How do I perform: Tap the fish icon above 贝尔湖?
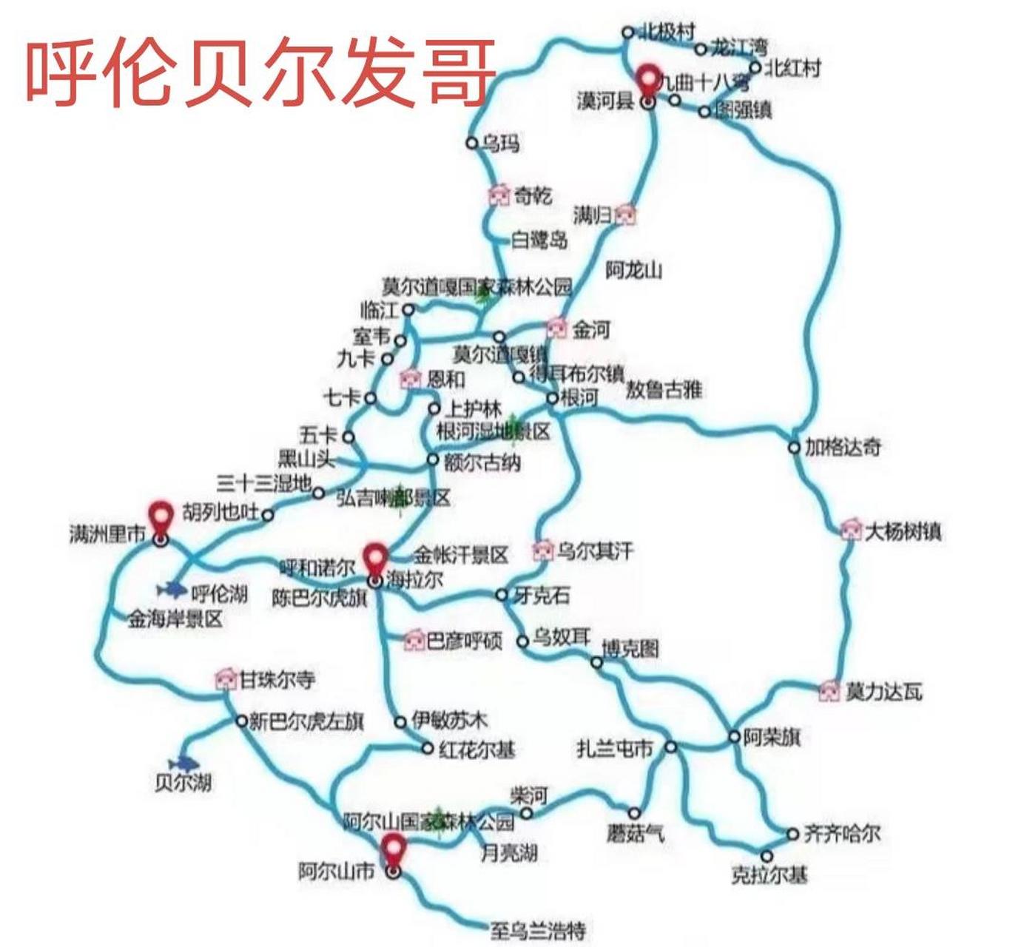pos(183,763)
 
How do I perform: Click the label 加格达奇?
pos(843,448)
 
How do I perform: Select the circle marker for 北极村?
pos(627,32)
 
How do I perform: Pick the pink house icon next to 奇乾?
pos(499,195)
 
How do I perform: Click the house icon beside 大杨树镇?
pos(852,530)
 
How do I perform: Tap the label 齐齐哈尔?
pos(842,834)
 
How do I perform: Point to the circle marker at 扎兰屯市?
pos(670,747)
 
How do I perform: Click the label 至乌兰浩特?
pos(538,929)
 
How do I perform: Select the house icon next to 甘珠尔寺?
pos(225,678)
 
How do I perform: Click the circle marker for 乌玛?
pos(471,142)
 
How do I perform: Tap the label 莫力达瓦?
pos(884,692)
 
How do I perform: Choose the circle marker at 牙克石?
pos(502,594)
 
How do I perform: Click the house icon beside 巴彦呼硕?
pos(414,640)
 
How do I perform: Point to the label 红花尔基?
pos(477,750)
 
